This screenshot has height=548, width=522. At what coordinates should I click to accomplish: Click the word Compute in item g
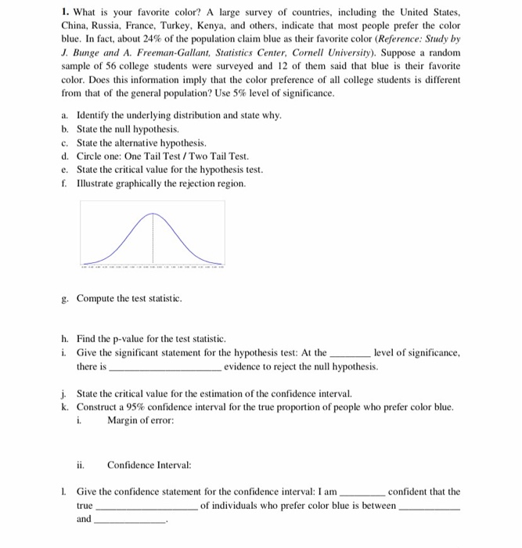tap(97, 298)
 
